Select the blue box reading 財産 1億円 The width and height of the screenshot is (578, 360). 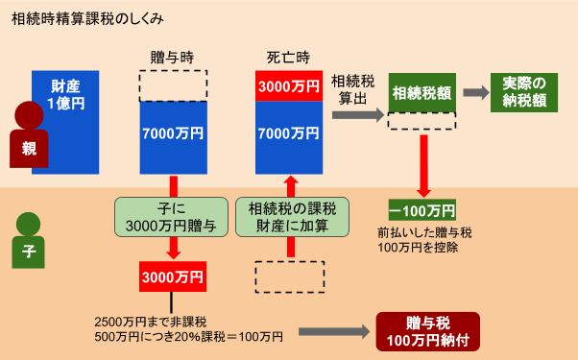[66, 121]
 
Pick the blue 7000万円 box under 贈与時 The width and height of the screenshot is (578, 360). [173, 134]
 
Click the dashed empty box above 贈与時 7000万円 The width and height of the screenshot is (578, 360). [173, 85]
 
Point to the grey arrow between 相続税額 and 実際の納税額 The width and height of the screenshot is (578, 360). [474, 93]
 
